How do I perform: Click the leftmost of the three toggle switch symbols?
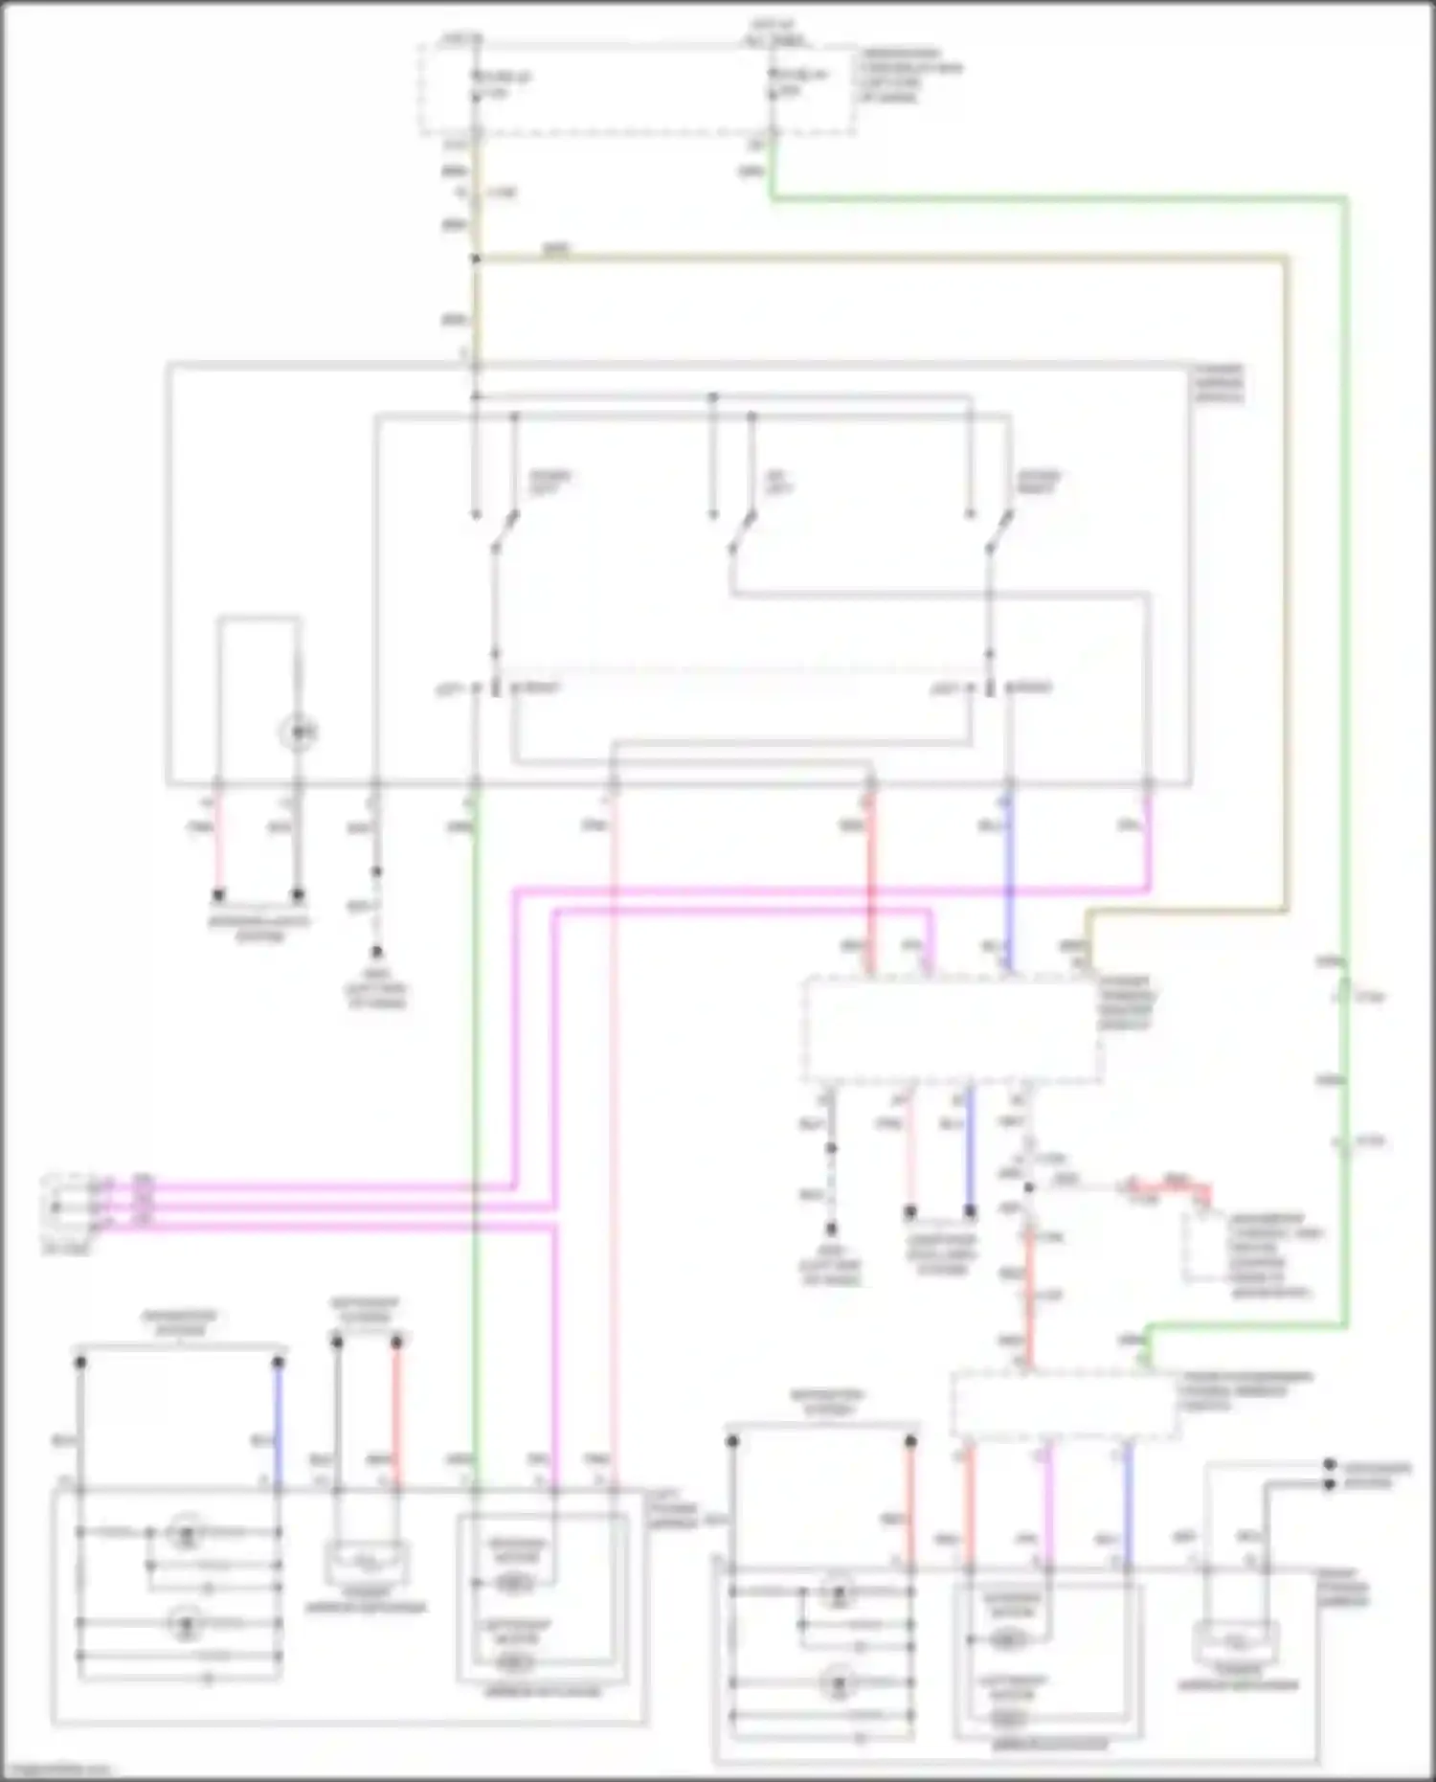click(504, 531)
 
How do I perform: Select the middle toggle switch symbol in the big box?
click(741, 531)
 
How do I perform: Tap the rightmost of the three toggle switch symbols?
click(998, 531)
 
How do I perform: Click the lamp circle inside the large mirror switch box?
click(298, 733)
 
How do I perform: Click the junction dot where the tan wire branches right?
click(476, 259)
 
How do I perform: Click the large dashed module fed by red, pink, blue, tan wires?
click(951, 1029)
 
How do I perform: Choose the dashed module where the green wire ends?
click(1064, 1406)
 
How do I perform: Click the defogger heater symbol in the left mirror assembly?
click(367, 1562)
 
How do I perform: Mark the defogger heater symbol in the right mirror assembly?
click(1235, 1642)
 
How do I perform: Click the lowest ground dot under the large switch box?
click(376, 952)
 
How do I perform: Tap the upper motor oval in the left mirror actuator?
click(515, 1584)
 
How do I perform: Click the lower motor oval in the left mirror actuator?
click(515, 1661)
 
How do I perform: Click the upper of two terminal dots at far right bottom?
click(1329, 1465)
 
